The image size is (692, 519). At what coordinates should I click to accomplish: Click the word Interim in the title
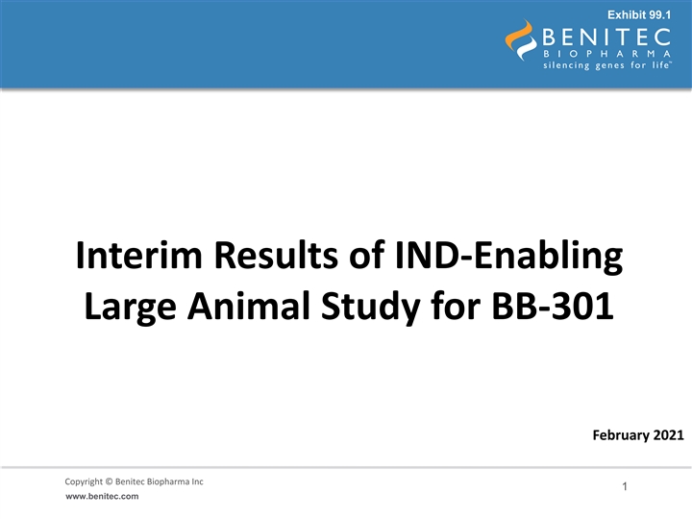pyautogui.click(x=138, y=255)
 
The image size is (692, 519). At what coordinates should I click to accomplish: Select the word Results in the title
pyautogui.click(x=276, y=255)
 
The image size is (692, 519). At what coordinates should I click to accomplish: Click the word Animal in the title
pyautogui.click(x=249, y=306)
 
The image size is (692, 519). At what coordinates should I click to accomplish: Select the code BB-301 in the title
pyautogui.click(x=553, y=306)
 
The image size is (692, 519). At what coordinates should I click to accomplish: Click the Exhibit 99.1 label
pyautogui.click(x=639, y=15)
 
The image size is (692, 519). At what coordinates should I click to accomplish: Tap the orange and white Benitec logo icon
pyautogui.click(x=521, y=39)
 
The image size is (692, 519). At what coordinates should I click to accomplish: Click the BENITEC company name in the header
pyautogui.click(x=606, y=37)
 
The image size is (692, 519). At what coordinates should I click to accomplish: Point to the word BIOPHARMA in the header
pyautogui.click(x=606, y=54)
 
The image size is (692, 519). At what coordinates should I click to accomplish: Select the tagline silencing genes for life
pyautogui.click(x=607, y=65)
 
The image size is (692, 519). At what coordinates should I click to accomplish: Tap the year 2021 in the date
pyautogui.click(x=668, y=435)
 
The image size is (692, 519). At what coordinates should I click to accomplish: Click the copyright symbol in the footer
pyautogui.click(x=109, y=482)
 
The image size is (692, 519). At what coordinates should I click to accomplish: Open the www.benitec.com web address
pyautogui.click(x=102, y=497)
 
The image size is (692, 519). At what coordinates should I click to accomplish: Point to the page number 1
pyautogui.click(x=625, y=486)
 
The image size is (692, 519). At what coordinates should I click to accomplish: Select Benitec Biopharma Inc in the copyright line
pyautogui.click(x=160, y=482)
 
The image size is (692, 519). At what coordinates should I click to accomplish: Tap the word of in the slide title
pyautogui.click(x=366, y=255)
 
